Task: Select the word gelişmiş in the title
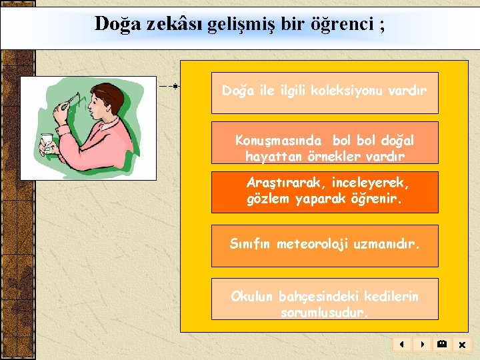[x=228, y=25]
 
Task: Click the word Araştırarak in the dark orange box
[x=283, y=182]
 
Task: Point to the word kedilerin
[x=391, y=296]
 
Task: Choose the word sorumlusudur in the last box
[x=325, y=312]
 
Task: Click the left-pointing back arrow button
[x=402, y=345]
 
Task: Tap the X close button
[x=461, y=345]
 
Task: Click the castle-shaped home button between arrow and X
[x=441, y=345]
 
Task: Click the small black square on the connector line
[x=175, y=86]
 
